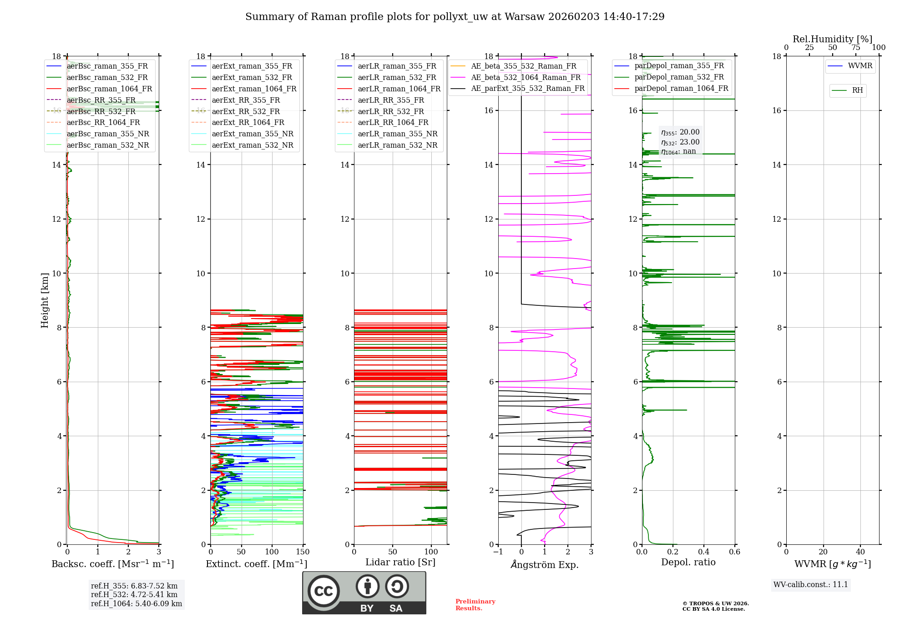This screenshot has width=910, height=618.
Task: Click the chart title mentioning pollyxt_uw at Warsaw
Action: [455, 17]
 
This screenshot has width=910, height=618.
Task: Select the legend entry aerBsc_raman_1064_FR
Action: [109, 89]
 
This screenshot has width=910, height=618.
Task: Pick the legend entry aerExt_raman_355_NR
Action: [253, 134]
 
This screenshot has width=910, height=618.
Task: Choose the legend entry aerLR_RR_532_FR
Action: [390, 111]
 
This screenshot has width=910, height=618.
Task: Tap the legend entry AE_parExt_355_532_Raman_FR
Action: [527, 88]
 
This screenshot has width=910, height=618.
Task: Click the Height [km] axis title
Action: [45, 300]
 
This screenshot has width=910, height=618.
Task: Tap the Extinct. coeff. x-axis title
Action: [257, 564]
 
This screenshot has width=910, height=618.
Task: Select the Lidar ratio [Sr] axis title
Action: [400, 562]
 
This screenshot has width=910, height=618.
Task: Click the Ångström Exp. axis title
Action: [545, 564]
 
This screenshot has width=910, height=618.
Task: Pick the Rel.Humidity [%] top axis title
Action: [832, 39]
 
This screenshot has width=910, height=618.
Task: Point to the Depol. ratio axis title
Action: [688, 562]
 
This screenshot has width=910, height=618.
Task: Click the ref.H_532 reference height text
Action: [134, 594]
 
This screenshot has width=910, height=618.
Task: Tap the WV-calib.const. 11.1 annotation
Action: [811, 584]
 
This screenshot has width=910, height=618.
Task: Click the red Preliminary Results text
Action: [475, 605]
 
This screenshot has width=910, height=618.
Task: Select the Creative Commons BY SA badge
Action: [364, 593]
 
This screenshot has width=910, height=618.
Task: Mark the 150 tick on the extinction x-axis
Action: [303, 552]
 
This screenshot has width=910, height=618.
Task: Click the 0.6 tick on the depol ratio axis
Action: [734, 552]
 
